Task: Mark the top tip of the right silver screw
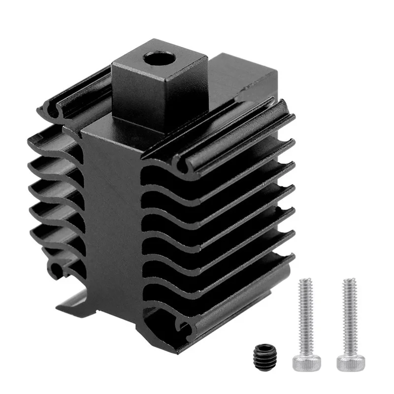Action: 349,281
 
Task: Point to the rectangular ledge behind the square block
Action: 246,79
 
